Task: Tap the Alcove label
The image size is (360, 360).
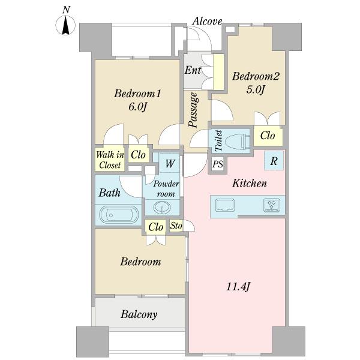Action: (208, 22)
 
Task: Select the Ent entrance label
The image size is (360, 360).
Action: (193, 70)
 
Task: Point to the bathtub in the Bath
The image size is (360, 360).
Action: (119, 215)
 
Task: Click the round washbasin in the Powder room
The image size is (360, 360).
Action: (163, 208)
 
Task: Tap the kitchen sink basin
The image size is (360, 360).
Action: (225, 205)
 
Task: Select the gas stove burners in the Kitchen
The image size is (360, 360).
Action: (272, 205)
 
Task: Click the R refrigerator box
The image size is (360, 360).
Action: (274, 161)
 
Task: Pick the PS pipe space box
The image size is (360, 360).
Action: (218, 164)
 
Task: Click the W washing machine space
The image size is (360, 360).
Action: (169, 163)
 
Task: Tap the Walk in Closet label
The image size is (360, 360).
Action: (110, 160)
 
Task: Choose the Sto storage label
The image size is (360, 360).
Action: (176, 226)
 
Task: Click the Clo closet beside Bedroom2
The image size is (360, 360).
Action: (268, 136)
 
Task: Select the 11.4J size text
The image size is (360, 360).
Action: (238, 287)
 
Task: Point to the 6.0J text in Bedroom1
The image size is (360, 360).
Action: (137, 107)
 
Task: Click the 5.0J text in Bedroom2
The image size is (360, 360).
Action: (256, 89)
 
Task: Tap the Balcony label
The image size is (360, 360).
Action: (139, 314)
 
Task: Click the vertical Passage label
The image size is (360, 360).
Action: (193, 110)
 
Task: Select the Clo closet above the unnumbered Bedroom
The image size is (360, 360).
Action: (156, 227)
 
